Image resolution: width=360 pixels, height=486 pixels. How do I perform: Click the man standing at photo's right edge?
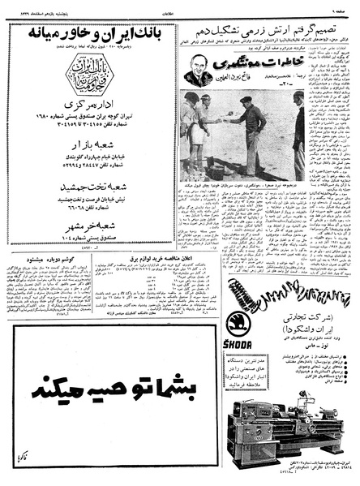pos(298,134)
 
